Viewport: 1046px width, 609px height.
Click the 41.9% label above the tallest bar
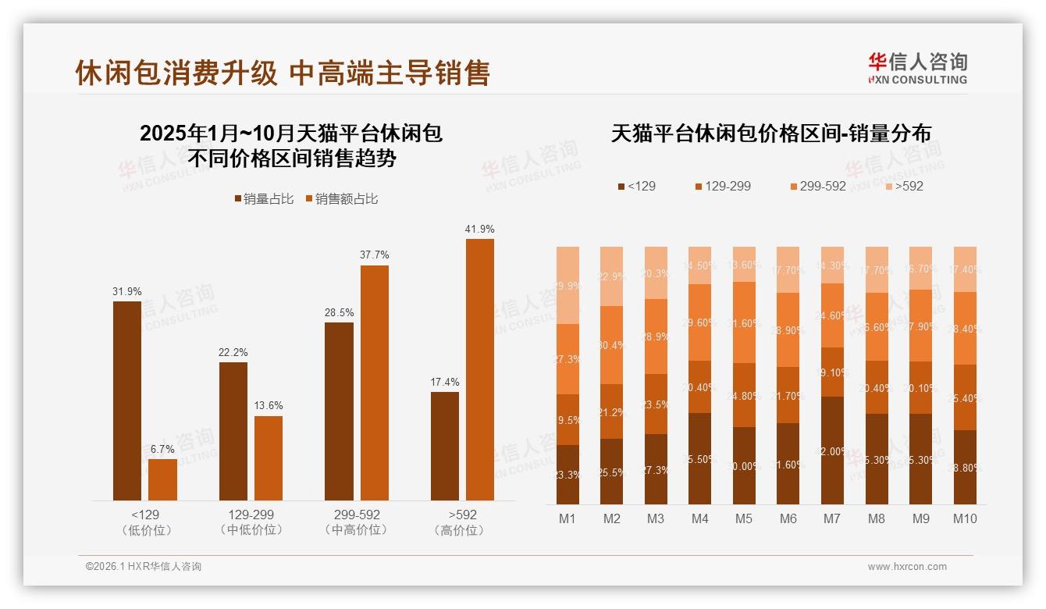479,229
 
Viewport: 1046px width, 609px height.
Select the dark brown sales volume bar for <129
127,400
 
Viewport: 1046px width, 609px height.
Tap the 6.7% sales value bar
162,479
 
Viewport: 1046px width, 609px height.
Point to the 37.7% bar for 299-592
374,383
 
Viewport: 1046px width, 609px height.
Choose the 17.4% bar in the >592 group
445,446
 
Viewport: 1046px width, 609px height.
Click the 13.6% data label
269,406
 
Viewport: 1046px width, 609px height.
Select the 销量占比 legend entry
264,199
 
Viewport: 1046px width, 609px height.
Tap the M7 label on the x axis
832,518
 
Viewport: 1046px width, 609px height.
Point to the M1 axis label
567,518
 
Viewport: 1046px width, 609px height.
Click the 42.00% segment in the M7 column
832,451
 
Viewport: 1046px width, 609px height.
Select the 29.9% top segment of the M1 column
567,285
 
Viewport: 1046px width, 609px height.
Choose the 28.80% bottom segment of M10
965,467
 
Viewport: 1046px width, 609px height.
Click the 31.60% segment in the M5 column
744,322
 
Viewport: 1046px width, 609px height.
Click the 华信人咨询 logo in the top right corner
918,67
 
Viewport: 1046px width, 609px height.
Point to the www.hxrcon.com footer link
907,567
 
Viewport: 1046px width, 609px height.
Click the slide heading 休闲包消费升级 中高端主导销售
283,73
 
